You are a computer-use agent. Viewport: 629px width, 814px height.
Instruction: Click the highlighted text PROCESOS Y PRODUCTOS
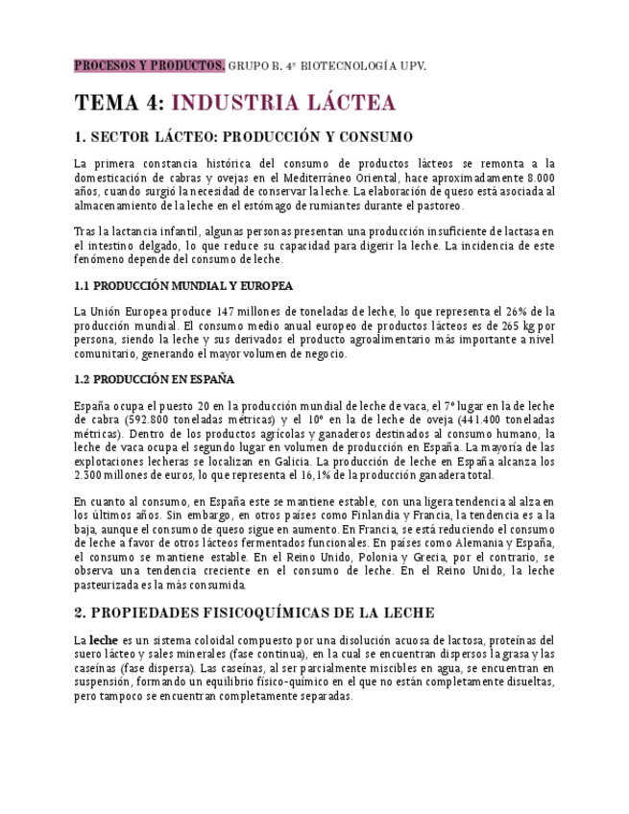(150, 65)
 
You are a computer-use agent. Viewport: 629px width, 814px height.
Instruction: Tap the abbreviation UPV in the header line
(410, 65)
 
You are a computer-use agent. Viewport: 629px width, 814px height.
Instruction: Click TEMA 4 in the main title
(119, 104)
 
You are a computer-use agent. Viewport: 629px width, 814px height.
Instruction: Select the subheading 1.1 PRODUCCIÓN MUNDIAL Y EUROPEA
(183, 286)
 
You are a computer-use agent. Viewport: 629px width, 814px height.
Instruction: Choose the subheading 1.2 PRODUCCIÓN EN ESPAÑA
(155, 380)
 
